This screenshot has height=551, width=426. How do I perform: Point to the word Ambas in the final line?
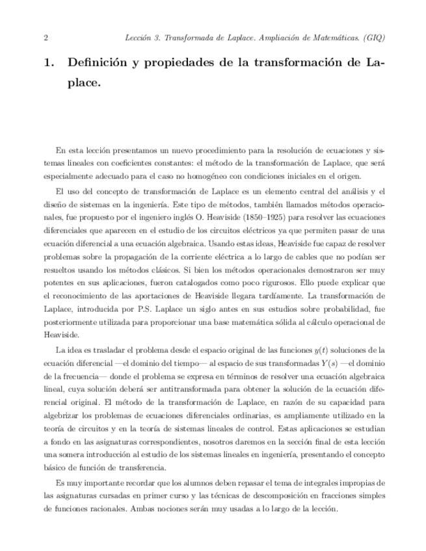(155, 509)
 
